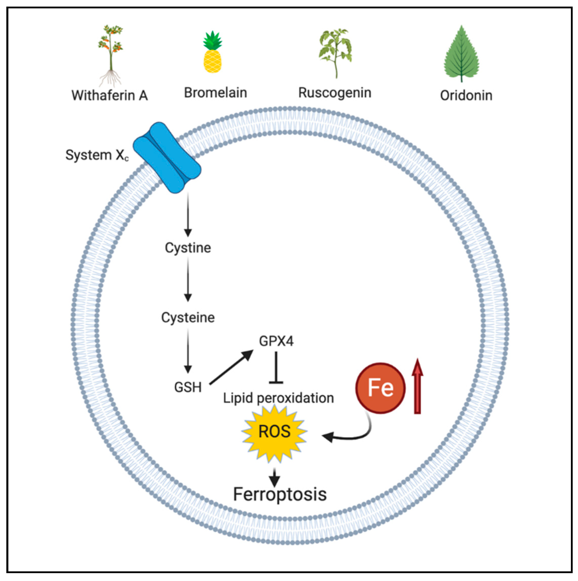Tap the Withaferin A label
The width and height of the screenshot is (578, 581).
coord(110,95)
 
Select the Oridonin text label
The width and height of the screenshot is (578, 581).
coord(466,95)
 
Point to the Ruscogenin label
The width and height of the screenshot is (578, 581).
coord(335,93)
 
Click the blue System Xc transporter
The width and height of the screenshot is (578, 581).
coord(167,157)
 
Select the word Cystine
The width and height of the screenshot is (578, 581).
coord(188,248)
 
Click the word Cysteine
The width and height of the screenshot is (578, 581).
coord(188,317)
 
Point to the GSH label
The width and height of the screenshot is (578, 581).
coord(188,387)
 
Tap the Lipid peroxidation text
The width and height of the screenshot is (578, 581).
coord(278,398)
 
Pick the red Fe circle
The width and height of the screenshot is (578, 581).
coord(381,388)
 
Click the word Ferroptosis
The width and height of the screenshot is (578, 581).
coord(280,494)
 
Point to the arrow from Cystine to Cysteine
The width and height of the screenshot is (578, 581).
coord(188,280)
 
